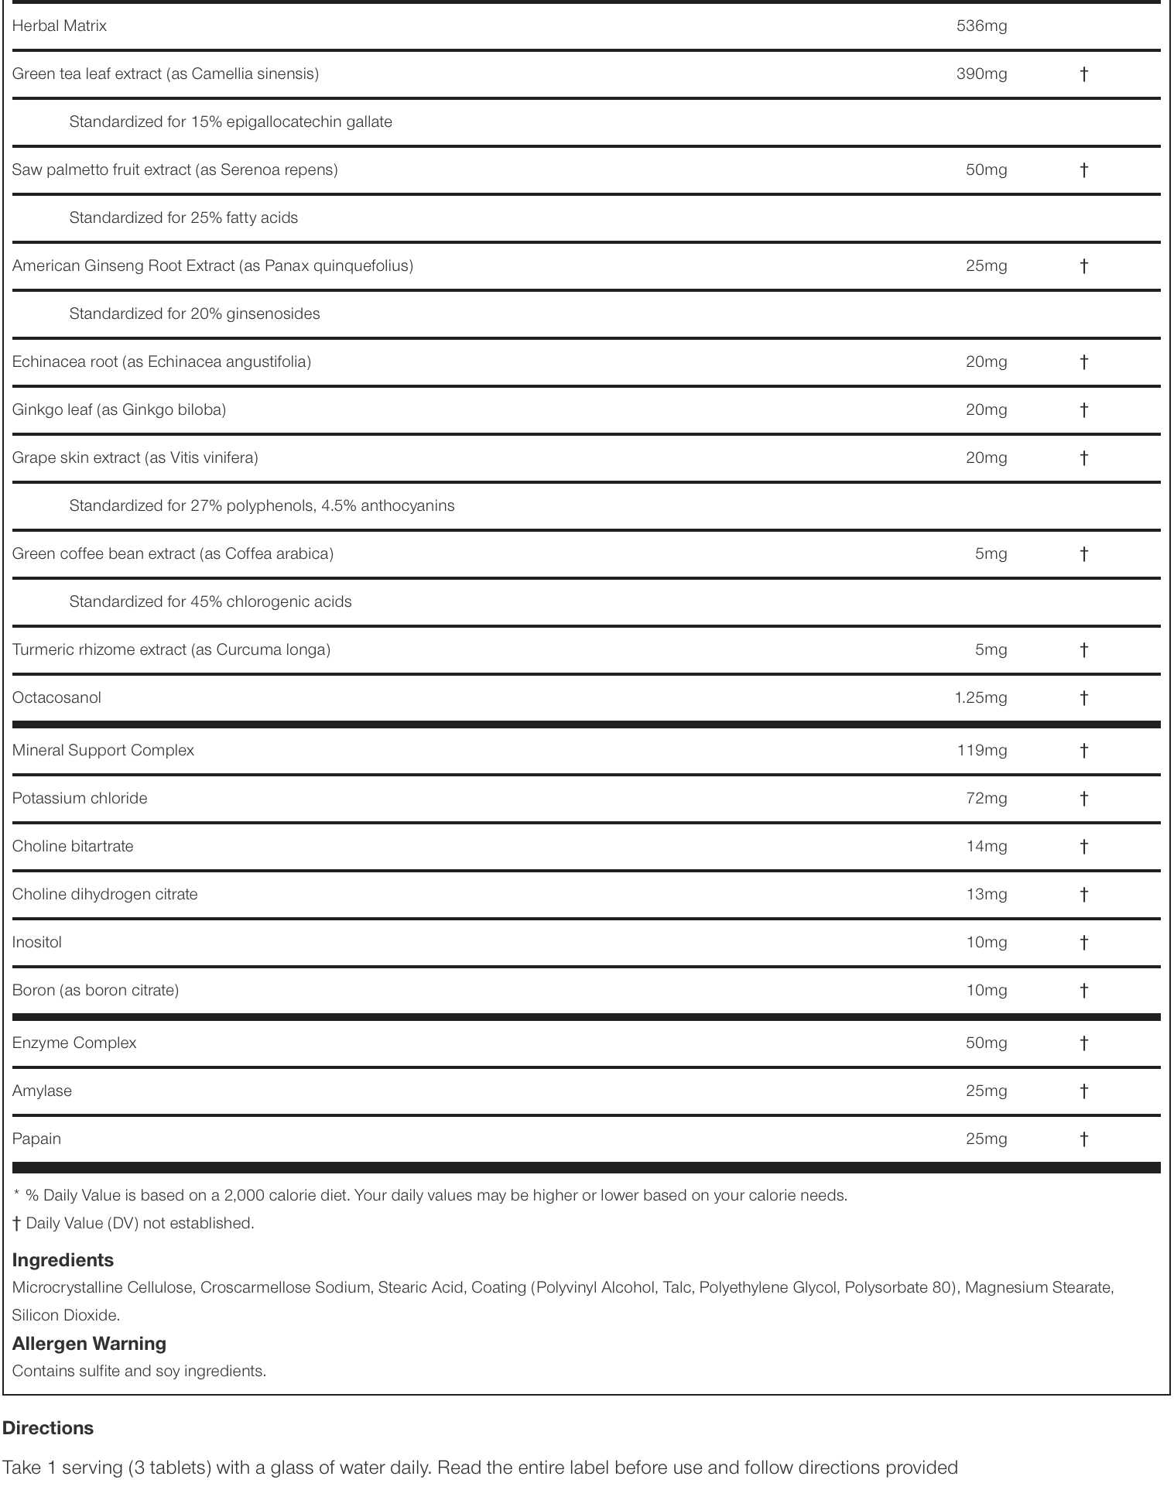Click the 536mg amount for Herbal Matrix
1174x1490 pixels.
tap(981, 26)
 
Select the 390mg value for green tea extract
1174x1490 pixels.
tap(981, 74)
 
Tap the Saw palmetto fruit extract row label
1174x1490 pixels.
tap(175, 170)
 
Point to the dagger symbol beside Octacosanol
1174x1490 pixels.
tap(1083, 698)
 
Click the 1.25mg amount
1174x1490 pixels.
tap(981, 698)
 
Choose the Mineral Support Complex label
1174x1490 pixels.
tap(103, 751)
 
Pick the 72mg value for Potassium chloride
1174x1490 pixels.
tap(986, 799)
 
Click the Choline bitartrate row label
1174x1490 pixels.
tap(73, 847)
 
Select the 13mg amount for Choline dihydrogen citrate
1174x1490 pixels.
tap(986, 895)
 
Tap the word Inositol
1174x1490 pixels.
tap(37, 943)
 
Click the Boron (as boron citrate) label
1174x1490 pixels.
tap(95, 991)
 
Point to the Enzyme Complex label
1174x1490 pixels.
tap(74, 1043)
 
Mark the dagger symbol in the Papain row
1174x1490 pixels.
tap(1083, 1139)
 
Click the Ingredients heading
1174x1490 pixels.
tap(63, 1260)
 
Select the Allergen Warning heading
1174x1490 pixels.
tap(89, 1344)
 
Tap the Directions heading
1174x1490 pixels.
tap(48, 1428)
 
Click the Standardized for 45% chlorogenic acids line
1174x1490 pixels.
tap(210, 602)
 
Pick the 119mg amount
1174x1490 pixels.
tap(981, 751)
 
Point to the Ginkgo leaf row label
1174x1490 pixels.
tap(119, 410)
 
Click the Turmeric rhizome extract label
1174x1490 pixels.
tap(171, 650)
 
